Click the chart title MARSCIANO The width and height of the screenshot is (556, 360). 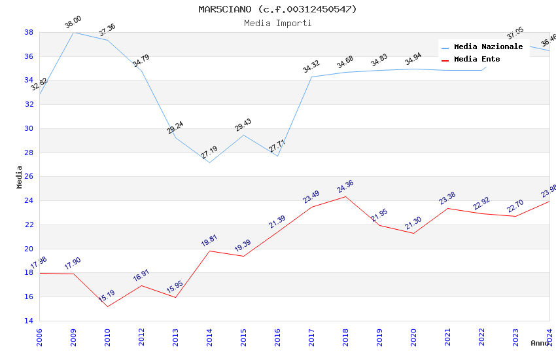(278, 9)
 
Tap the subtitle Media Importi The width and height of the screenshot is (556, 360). (278, 23)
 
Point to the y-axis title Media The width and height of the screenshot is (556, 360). (20, 177)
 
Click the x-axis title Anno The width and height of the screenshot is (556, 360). (540, 343)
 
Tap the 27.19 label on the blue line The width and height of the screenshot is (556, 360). (209, 153)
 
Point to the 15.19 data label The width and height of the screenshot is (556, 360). (107, 296)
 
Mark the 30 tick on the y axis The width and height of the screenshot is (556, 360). (29, 128)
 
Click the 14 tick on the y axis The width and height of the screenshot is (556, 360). (29, 321)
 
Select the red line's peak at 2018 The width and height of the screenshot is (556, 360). (345, 196)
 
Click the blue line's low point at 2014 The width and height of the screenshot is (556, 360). (209, 162)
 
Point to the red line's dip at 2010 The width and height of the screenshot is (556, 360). (107, 306)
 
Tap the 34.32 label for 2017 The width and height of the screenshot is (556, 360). (311, 67)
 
